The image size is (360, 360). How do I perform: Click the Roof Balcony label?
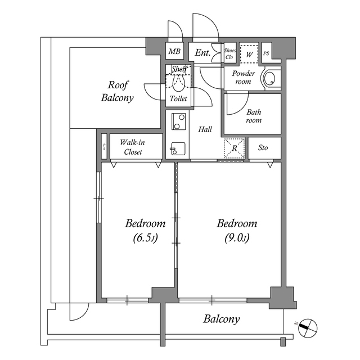[x=117, y=92]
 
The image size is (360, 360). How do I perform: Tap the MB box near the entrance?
[x=174, y=52]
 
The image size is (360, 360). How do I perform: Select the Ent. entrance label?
[x=202, y=53]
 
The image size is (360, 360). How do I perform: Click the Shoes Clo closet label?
[x=229, y=53]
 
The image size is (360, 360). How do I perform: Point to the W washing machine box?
[x=249, y=53]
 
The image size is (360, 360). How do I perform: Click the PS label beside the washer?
[x=266, y=54]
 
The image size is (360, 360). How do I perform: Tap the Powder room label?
[x=243, y=78]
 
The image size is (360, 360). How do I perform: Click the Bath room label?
[x=253, y=116]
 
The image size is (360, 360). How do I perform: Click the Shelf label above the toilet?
[x=178, y=69]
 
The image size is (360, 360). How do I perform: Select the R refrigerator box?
[x=235, y=148]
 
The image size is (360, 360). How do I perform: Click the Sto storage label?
[x=263, y=148]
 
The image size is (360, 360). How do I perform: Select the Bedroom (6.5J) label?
[x=145, y=230]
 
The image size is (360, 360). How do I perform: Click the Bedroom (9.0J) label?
[x=237, y=230]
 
